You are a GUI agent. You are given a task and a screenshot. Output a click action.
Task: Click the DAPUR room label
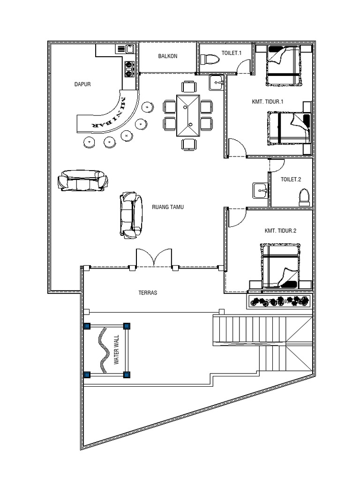coord(82,85)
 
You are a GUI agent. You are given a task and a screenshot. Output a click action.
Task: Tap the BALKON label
coord(167,56)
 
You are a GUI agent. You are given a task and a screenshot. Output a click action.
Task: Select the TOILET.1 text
coord(232,53)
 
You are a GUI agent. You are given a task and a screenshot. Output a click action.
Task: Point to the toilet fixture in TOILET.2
coord(305,197)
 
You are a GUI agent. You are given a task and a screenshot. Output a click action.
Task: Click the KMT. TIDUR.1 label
coord(268,102)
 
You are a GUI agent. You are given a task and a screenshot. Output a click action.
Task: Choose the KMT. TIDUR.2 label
coord(280,231)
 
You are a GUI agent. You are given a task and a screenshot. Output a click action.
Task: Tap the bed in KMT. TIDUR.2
coord(280,265)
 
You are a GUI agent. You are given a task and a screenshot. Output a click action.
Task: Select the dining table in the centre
coord(188,115)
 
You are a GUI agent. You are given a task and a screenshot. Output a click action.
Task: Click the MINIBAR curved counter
coord(111,115)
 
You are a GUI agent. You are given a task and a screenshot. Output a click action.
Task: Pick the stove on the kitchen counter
coord(129,68)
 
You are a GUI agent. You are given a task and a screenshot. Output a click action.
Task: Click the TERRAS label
coord(148,293)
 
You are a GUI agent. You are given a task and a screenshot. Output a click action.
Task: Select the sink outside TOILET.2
coord(260,190)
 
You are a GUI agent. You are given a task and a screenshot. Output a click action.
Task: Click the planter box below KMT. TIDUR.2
coord(279,301)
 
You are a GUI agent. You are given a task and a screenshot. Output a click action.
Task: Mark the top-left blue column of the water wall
coord(87,326)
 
